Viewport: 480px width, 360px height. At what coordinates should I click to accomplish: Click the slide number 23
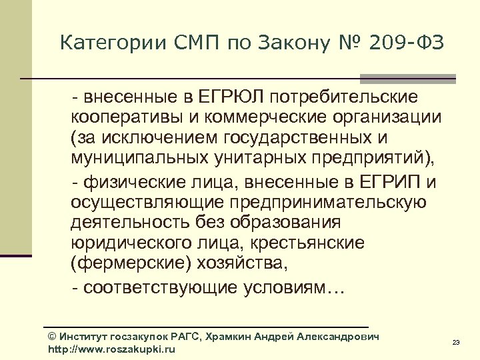pyautogui.click(x=456, y=343)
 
